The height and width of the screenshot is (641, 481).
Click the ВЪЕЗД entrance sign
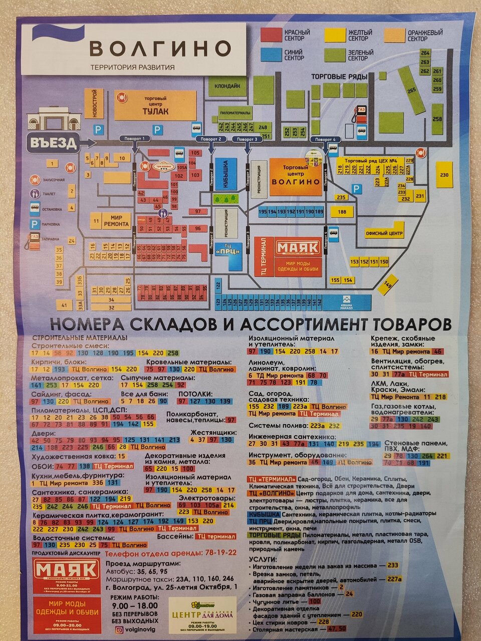53,143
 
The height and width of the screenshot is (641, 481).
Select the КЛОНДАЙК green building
227,86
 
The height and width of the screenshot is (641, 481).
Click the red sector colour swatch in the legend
270,35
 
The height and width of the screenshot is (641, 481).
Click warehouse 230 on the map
444,175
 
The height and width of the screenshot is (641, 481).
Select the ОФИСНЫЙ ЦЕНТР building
384,233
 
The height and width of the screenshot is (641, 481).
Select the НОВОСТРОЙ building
94,104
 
